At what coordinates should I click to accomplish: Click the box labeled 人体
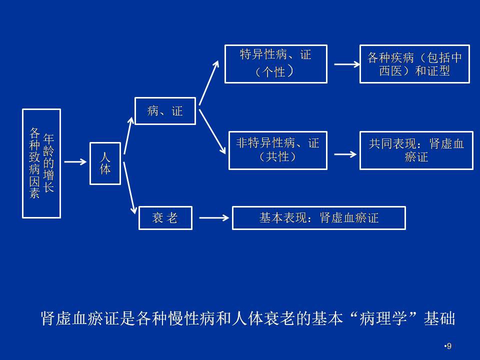(x=105, y=163)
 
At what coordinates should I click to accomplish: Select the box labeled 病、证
(x=165, y=111)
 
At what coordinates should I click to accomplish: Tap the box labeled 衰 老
(x=165, y=218)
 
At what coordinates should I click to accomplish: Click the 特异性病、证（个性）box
(x=276, y=64)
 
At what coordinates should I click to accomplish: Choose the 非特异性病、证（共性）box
(x=278, y=150)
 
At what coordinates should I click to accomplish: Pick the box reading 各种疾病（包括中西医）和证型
(x=414, y=64)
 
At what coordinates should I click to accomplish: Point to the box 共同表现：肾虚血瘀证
(x=416, y=150)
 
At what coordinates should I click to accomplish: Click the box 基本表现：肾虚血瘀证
(x=318, y=218)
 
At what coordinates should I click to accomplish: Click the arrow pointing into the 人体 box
(x=75, y=161)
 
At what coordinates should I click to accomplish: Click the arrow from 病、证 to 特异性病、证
(x=209, y=82)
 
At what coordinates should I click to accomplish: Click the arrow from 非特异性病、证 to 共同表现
(x=345, y=154)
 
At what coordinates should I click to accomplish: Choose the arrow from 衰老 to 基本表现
(x=214, y=218)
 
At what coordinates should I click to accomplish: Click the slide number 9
(x=448, y=346)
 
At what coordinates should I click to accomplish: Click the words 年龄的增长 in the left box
(x=48, y=162)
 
